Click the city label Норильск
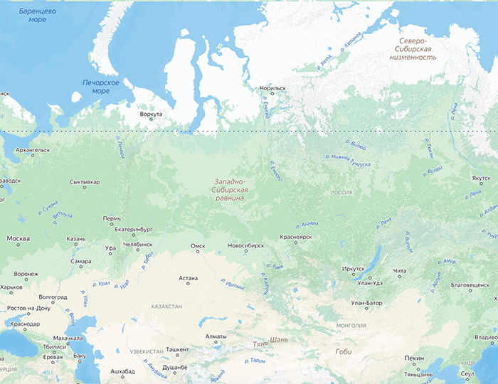272,88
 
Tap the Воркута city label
151,114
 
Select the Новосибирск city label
245,245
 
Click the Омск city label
198,245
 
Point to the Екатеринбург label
134,230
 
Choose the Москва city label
18,238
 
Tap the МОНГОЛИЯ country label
351,326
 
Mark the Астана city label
188,278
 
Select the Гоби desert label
344,351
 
